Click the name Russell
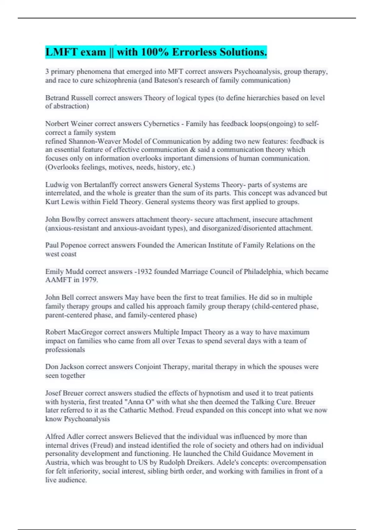(82, 98)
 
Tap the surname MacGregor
(85, 332)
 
